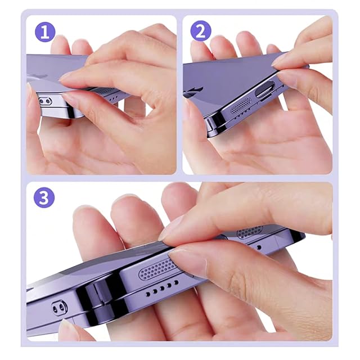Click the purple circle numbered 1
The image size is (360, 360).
point(45,32)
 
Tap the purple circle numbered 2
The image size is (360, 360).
point(201,31)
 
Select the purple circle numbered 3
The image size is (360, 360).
point(44,197)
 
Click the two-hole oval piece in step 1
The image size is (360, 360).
point(44,101)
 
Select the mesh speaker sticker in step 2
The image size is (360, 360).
point(240,105)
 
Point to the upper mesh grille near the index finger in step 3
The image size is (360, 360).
point(250,231)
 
